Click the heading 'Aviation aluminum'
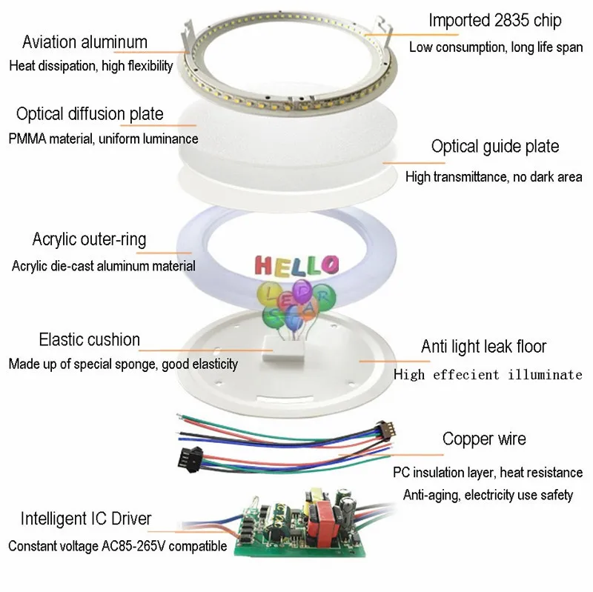coord(85,42)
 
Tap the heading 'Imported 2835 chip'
coord(494,21)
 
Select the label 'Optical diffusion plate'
coord(90,114)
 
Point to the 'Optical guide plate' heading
coord(495,147)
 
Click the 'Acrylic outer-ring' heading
coord(89,239)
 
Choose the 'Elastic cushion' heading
coord(89,339)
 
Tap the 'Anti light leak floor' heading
coord(484,346)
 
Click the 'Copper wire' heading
coord(484,439)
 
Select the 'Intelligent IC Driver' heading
coord(86,519)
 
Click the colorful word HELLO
coord(297,265)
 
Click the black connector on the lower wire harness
coord(191,459)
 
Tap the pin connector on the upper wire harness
coord(385,430)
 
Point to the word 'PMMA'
coord(27,139)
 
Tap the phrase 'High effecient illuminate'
coord(488,375)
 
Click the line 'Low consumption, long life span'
coord(496,47)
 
